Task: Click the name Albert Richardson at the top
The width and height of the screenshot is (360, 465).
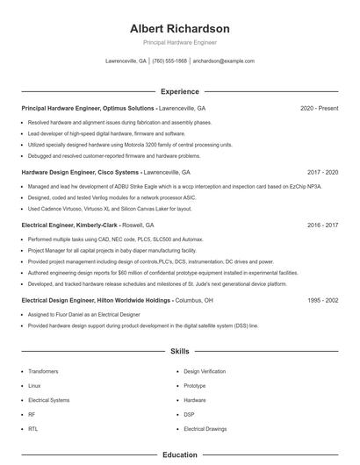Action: coord(179,28)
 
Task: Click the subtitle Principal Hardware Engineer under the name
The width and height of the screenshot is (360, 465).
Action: coord(179,42)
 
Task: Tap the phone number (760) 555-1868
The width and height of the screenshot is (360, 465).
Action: coord(169,61)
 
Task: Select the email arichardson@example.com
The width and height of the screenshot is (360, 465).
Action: coord(223,61)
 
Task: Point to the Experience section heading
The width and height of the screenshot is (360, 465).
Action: coord(179,91)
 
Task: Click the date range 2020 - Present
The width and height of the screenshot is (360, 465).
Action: coord(319,108)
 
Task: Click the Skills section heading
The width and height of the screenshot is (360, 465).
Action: coord(179,351)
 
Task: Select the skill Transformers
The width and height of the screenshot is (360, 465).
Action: coord(43,371)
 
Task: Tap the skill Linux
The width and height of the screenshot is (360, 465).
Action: coord(34,385)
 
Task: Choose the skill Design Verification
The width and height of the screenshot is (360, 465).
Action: coord(205,371)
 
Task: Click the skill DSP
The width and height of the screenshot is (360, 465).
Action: coord(189,414)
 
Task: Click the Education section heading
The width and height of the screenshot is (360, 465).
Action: coord(179,455)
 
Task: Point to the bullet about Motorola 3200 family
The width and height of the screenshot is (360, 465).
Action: coord(130,144)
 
